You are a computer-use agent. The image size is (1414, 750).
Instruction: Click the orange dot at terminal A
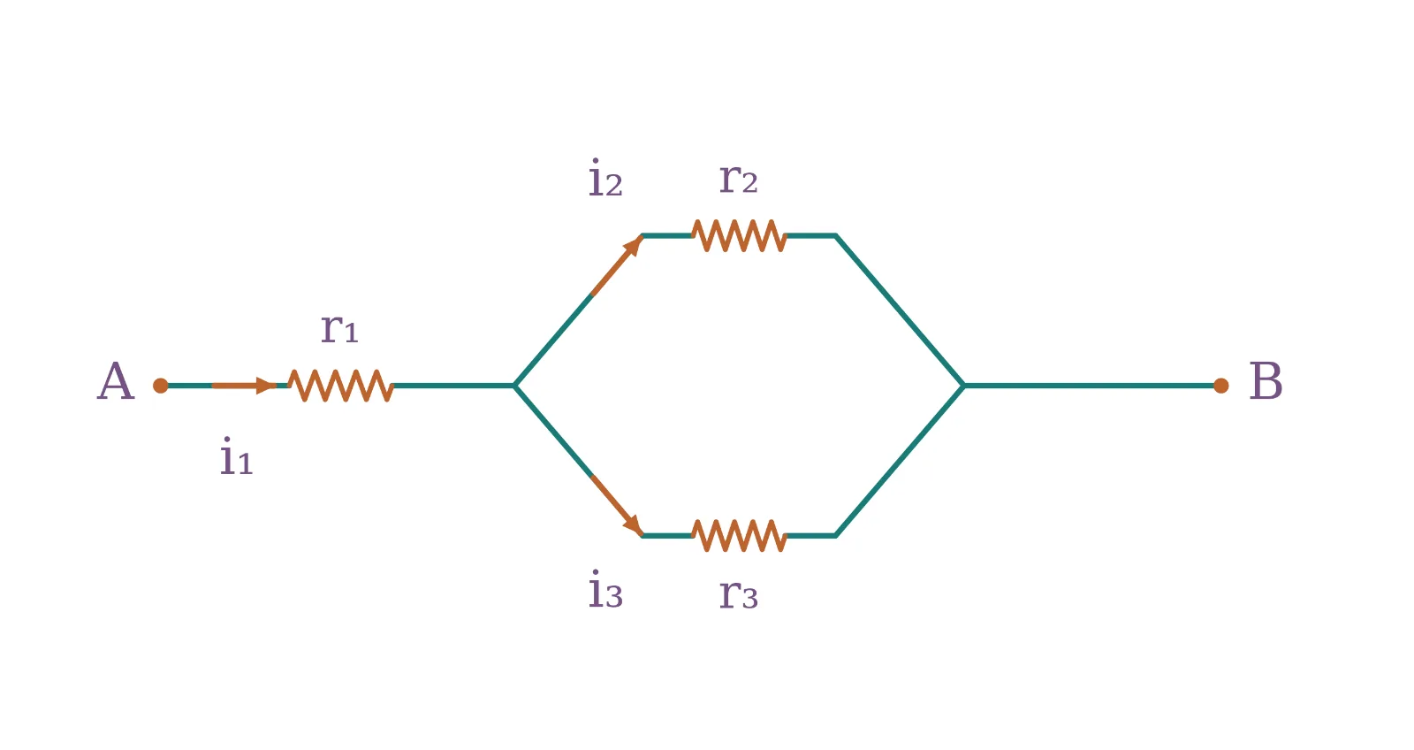[160, 386]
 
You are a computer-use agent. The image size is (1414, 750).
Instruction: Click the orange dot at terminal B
[1220, 386]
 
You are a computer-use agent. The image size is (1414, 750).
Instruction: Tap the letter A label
[116, 381]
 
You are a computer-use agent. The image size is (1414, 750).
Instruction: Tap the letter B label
[1266, 381]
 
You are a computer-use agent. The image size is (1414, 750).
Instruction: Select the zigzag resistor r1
[341, 386]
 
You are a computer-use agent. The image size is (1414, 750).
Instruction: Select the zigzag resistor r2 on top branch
[739, 235]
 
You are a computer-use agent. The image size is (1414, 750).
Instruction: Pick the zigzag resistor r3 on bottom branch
[739, 536]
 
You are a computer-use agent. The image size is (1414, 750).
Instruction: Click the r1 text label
[339, 328]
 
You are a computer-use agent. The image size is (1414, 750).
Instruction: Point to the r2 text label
[739, 178]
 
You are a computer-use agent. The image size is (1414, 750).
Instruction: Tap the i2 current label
[605, 178]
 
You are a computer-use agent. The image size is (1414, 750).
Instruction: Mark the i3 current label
[605, 589]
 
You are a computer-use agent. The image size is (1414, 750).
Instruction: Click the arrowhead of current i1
[266, 386]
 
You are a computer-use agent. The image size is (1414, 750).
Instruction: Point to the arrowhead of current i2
[633, 245]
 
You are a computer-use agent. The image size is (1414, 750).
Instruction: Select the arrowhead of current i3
[633, 525]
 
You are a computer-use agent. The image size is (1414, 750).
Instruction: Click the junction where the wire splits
[514, 386]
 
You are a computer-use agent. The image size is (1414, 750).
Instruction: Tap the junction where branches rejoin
[963, 386]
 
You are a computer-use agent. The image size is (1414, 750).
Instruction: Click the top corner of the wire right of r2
[836, 235]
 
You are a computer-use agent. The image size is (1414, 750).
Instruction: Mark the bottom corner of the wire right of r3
[836, 536]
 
